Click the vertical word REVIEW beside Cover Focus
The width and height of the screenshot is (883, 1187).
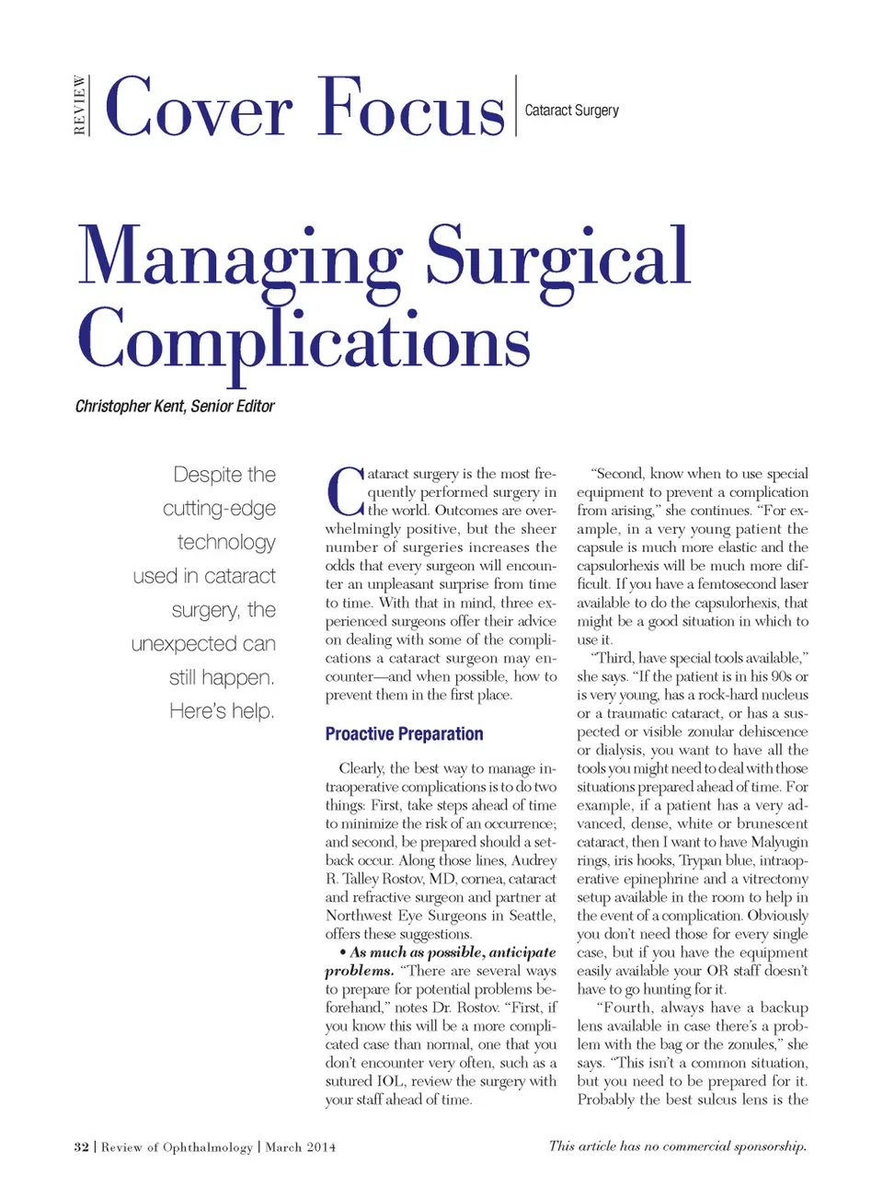[80, 106]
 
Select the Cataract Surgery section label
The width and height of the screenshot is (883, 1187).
[571, 110]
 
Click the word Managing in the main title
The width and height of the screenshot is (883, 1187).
[239, 258]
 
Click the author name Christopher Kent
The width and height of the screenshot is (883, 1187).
[130, 406]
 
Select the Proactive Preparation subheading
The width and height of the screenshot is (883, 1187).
[404, 733]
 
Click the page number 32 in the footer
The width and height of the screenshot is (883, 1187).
[81, 1147]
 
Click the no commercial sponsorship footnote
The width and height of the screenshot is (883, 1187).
[677, 1146]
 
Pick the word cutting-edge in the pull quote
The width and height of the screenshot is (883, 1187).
[219, 508]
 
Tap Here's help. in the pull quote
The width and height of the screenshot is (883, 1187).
[222, 710]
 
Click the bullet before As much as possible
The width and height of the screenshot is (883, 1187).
[342, 952]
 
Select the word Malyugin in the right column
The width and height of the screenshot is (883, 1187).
[779, 842]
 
